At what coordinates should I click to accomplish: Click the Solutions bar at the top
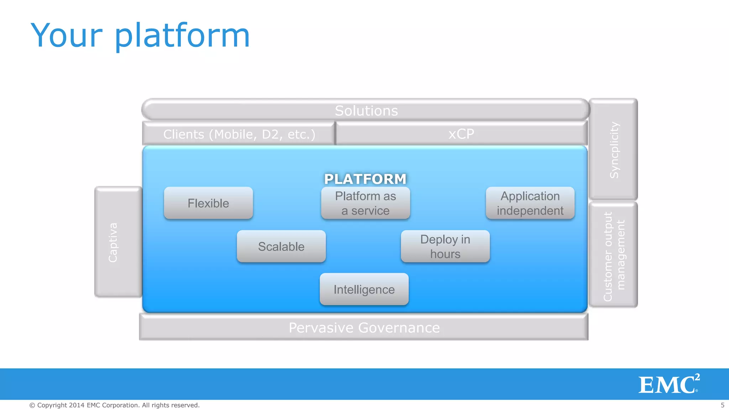pyautogui.click(x=366, y=110)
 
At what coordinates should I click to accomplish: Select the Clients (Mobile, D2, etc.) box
pyautogui.click(x=239, y=134)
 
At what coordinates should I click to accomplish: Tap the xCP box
pyautogui.click(x=461, y=134)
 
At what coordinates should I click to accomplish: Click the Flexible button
pyautogui.click(x=208, y=203)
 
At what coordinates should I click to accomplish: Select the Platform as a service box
pyautogui.click(x=366, y=203)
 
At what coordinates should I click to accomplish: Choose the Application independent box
pyautogui.click(x=530, y=203)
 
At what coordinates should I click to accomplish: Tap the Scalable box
pyautogui.click(x=281, y=246)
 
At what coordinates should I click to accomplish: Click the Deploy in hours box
pyautogui.click(x=445, y=246)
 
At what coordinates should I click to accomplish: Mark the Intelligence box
pyautogui.click(x=364, y=289)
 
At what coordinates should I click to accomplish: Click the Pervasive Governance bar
pyautogui.click(x=364, y=327)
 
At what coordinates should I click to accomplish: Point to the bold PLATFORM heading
pyautogui.click(x=365, y=179)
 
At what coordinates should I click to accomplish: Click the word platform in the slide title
pyautogui.click(x=182, y=36)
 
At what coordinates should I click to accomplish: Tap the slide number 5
pyautogui.click(x=722, y=405)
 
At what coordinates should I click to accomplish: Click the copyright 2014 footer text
pyautogui.click(x=114, y=405)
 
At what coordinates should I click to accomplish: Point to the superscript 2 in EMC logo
pyautogui.click(x=697, y=377)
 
